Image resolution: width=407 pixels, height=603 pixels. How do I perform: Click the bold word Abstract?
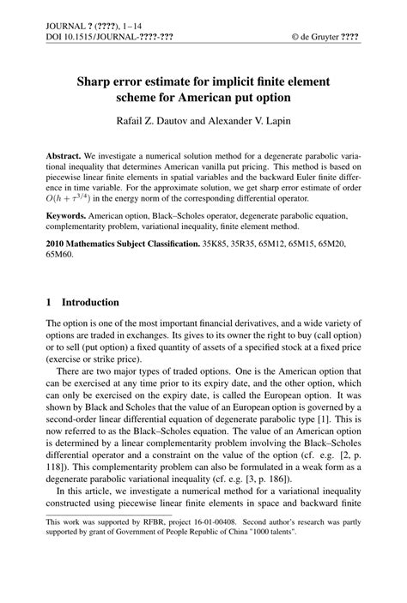pyautogui.click(x=67, y=160)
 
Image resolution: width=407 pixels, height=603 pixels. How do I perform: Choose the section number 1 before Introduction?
pyautogui.click(x=49, y=303)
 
